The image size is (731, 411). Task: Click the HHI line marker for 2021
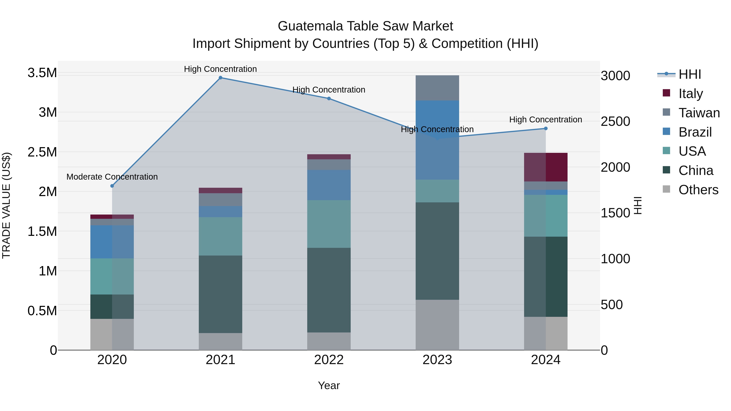(x=221, y=78)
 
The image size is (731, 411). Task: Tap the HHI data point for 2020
(x=112, y=186)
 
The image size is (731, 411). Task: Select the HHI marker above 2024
(x=545, y=128)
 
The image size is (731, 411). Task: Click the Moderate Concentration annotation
(x=112, y=177)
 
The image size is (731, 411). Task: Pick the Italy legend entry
(x=690, y=94)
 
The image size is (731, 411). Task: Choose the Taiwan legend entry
(x=699, y=113)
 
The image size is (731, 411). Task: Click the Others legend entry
(x=698, y=190)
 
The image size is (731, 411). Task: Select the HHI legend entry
(x=690, y=74)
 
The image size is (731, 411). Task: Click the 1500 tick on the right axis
(x=615, y=213)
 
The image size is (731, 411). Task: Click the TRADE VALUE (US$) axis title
(x=6, y=205)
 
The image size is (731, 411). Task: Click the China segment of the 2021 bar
(x=221, y=294)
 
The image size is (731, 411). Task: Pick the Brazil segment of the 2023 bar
(x=437, y=140)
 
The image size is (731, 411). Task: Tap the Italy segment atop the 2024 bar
(x=545, y=167)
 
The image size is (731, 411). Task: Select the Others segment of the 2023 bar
(x=437, y=325)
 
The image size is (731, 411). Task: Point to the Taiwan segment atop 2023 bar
(x=437, y=88)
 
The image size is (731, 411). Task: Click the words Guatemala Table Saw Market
(x=365, y=26)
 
